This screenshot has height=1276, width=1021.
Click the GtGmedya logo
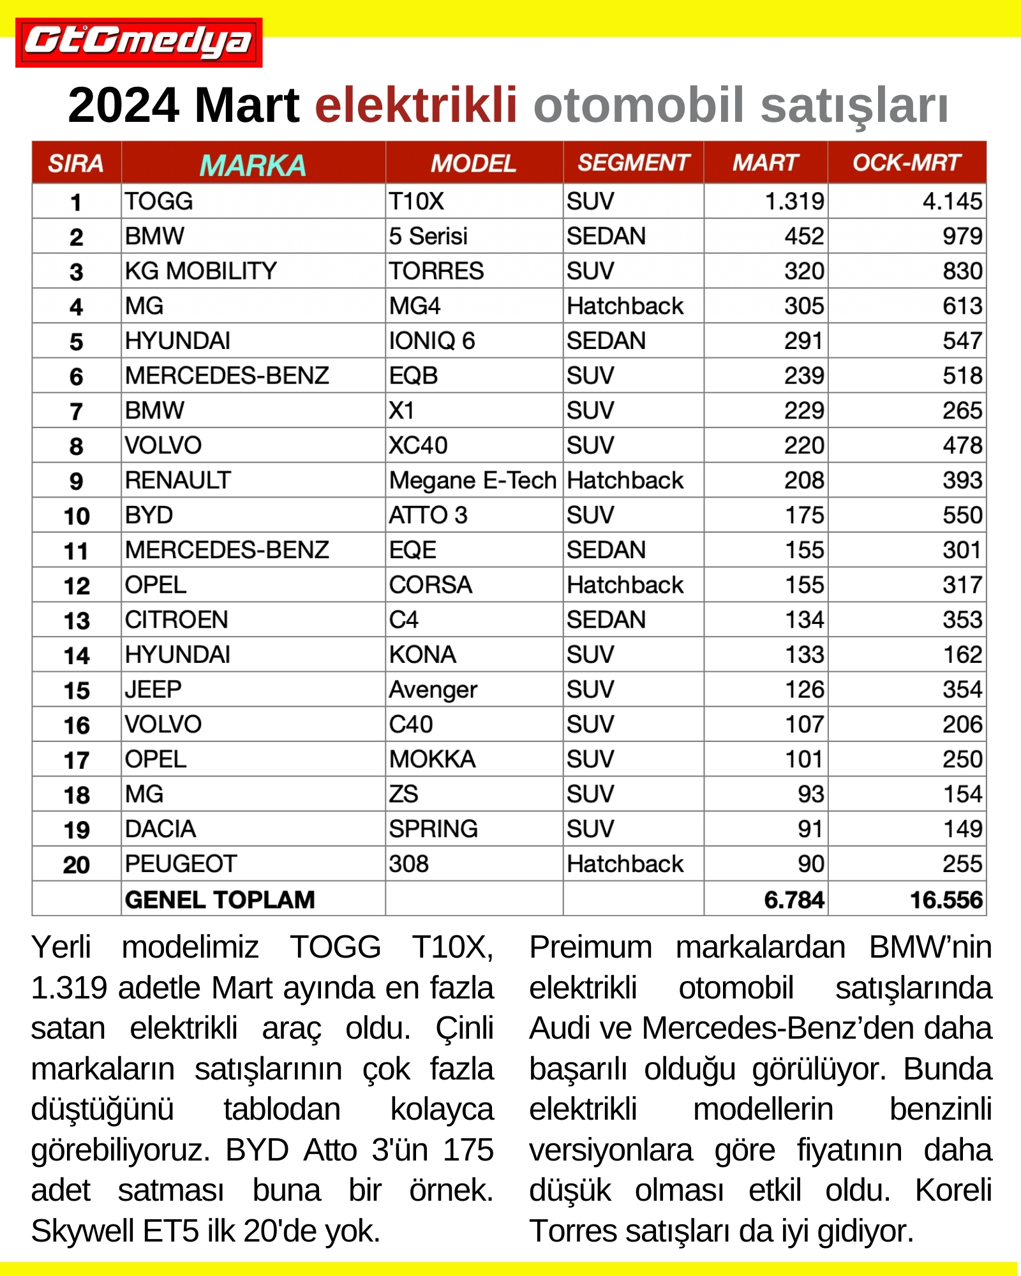click(x=138, y=42)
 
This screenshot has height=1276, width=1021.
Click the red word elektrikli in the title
click(x=415, y=105)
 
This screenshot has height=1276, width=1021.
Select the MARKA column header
click(x=253, y=165)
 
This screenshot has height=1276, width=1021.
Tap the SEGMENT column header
click(x=633, y=163)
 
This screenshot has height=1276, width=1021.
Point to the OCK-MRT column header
click(x=906, y=163)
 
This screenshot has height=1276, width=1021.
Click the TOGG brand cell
click(x=159, y=202)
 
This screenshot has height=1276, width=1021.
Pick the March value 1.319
click(x=794, y=202)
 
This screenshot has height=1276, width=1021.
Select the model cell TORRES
click(x=436, y=271)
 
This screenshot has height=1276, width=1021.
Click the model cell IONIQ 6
click(x=432, y=341)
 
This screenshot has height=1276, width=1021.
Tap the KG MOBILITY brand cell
click(x=201, y=271)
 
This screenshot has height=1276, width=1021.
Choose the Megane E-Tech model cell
click(x=473, y=480)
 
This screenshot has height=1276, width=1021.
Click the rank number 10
click(x=77, y=516)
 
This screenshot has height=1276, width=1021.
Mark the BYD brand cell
click(x=149, y=516)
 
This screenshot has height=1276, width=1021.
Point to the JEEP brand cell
click(x=153, y=690)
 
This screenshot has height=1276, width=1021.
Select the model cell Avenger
click(x=433, y=690)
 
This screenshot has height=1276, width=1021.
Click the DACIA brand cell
click(x=160, y=829)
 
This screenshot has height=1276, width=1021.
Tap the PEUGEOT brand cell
click(x=181, y=864)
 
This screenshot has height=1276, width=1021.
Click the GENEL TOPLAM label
click(x=220, y=900)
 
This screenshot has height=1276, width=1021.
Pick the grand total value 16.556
click(x=946, y=900)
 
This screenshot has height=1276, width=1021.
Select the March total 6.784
click(x=794, y=900)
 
